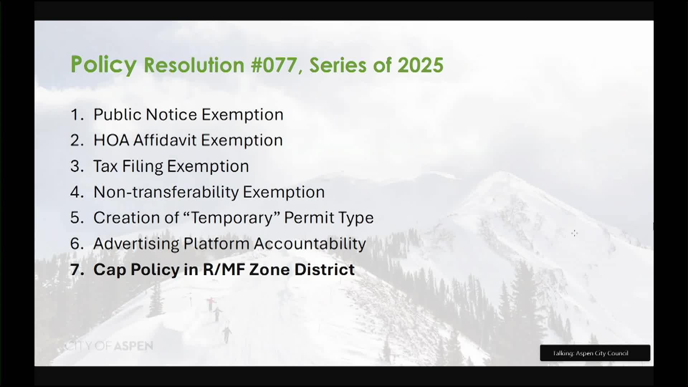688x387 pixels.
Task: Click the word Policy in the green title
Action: (104, 65)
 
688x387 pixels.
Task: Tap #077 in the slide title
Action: (274, 65)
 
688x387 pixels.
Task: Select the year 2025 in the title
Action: (420, 65)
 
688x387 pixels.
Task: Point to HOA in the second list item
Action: (111, 140)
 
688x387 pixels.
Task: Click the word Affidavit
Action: (165, 140)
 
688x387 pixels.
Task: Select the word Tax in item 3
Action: (105, 166)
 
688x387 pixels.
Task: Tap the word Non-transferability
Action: (166, 192)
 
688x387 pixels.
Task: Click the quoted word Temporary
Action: (232, 218)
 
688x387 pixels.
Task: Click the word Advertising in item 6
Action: (136, 244)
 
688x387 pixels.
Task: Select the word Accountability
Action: (310, 244)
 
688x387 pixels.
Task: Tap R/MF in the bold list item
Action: (224, 269)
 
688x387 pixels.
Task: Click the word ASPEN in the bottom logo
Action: (134, 346)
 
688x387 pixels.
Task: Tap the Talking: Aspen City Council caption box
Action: (595, 353)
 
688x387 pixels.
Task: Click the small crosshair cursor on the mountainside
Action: (574, 233)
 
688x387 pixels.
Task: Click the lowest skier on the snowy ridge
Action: (227, 334)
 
